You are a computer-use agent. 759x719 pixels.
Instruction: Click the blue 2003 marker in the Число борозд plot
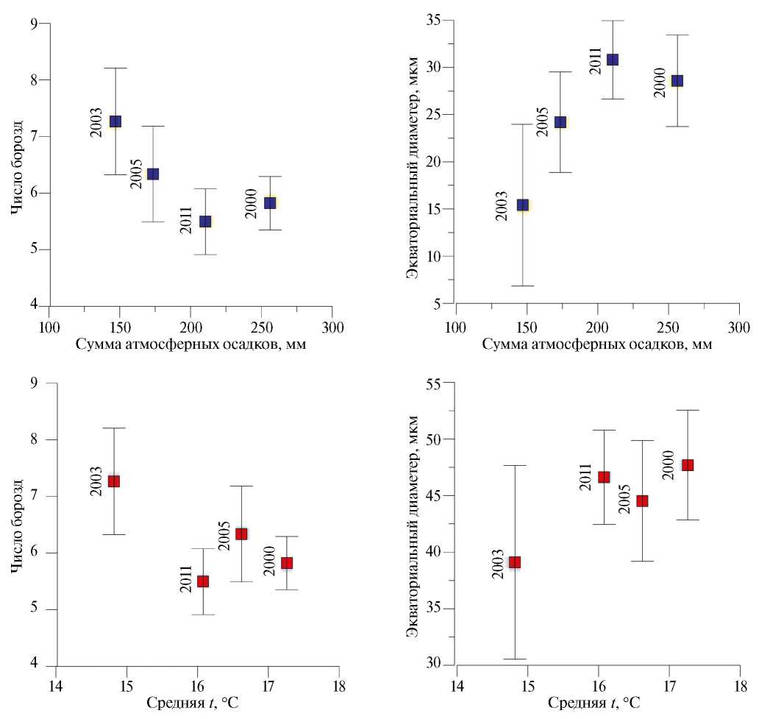click(115, 121)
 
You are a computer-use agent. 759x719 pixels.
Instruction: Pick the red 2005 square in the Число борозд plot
click(241, 534)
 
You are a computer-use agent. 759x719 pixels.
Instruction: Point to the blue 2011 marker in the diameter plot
click(612, 60)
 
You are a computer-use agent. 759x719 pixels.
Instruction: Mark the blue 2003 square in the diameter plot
click(523, 205)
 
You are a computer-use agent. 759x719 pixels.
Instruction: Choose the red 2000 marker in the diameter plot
click(688, 465)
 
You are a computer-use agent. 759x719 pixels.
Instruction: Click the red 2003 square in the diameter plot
click(515, 562)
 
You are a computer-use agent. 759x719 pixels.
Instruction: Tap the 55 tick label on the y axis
click(441, 383)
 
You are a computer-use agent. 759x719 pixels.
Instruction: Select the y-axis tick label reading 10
click(441, 257)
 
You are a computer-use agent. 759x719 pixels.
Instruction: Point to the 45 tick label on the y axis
click(441, 496)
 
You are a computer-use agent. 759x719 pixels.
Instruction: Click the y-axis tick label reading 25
click(441, 115)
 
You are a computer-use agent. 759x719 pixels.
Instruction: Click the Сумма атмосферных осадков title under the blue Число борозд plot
click(190, 344)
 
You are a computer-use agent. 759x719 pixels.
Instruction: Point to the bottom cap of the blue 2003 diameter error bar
click(523, 286)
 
